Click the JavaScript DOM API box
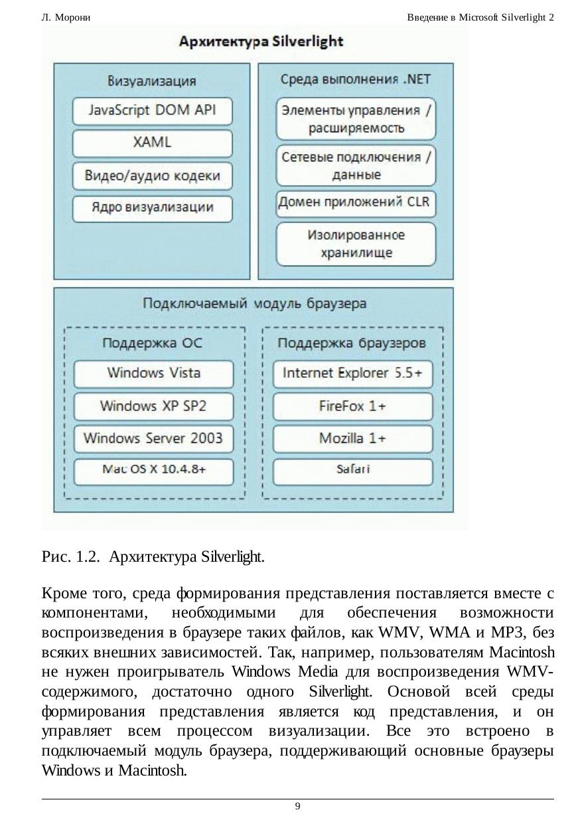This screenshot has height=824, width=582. (x=153, y=111)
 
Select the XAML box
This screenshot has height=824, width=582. (x=153, y=143)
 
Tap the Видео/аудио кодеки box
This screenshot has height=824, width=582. (x=153, y=176)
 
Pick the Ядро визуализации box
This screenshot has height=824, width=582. (x=153, y=208)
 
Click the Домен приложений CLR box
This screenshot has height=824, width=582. (x=356, y=202)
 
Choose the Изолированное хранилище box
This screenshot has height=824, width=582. (x=356, y=244)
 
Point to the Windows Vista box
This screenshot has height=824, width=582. (x=153, y=373)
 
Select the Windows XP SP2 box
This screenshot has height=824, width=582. (x=153, y=406)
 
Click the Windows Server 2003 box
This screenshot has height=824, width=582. (x=153, y=438)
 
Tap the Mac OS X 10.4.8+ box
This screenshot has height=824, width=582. (x=153, y=470)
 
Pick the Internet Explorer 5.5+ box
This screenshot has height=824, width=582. (x=352, y=373)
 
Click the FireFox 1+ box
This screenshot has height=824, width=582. (x=352, y=406)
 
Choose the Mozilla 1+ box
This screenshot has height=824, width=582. (x=352, y=438)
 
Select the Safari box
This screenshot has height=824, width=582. (x=352, y=470)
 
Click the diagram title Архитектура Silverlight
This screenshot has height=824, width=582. (x=261, y=42)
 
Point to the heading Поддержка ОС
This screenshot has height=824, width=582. (x=153, y=343)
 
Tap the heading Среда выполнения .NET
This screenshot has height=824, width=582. (x=356, y=79)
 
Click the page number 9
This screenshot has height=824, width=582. (x=297, y=806)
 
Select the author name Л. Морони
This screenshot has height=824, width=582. (x=66, y=17)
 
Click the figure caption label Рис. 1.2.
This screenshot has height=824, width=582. (x=70, y=556)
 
